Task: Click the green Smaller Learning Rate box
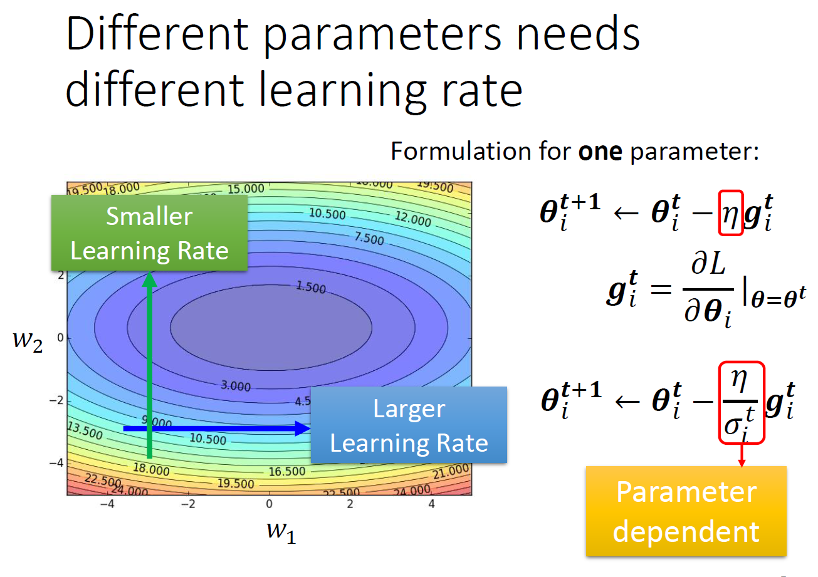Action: (149, 233)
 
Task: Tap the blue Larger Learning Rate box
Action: (409, 425)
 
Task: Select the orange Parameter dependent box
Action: (686, 511)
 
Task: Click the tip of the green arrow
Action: (149, 276)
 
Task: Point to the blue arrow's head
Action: (303, 429)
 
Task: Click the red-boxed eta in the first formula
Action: (730, 213)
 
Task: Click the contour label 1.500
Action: (310, 288)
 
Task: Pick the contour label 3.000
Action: (235, 386)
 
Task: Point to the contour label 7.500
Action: (369, 238)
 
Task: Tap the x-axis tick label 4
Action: (431, 504)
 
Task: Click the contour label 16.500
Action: (286, 471)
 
